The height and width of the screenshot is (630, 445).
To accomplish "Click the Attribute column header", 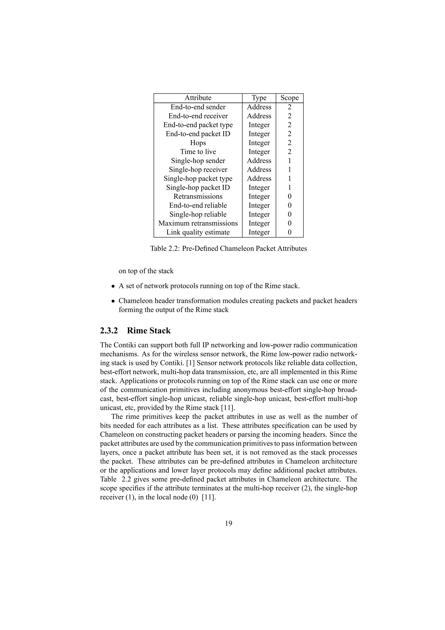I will [x=198, y=98].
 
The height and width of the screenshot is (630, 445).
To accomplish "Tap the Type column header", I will [x=259, y=98].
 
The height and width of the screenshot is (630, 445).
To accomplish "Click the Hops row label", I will [x=198, y=143].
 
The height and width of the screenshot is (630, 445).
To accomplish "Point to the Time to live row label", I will [x=198, y=152].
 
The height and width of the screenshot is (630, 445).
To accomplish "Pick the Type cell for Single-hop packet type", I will [x=259, y=179].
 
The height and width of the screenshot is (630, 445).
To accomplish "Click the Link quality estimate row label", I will [x=198, y=232].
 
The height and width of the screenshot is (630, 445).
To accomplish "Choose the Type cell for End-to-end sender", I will [x=259, y=107].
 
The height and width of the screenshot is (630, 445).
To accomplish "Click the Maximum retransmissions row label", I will [x=198, y=223].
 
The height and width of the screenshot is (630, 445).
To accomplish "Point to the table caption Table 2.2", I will [x=228, y=249].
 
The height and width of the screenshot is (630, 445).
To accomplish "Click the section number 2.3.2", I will [x=109, y=331].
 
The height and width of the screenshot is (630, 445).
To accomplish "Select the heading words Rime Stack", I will [x=149, y=331].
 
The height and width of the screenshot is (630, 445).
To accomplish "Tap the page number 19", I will [x=228, y=523].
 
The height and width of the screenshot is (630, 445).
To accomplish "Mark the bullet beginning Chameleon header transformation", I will [x=113, y=301].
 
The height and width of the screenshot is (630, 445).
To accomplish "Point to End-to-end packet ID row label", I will [x=198, y=134].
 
